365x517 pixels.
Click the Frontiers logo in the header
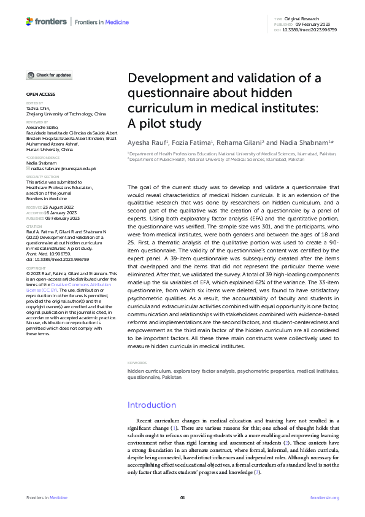(46, 21)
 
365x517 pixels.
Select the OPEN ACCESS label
(40, 95)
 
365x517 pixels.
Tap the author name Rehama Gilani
(240, 142)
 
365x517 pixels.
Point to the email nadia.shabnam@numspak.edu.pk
(64, 168)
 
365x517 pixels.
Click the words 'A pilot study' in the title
(164, 123)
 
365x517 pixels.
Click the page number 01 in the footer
(182, 497)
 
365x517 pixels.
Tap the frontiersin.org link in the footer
(325, 497)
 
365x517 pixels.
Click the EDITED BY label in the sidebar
(35, 103)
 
